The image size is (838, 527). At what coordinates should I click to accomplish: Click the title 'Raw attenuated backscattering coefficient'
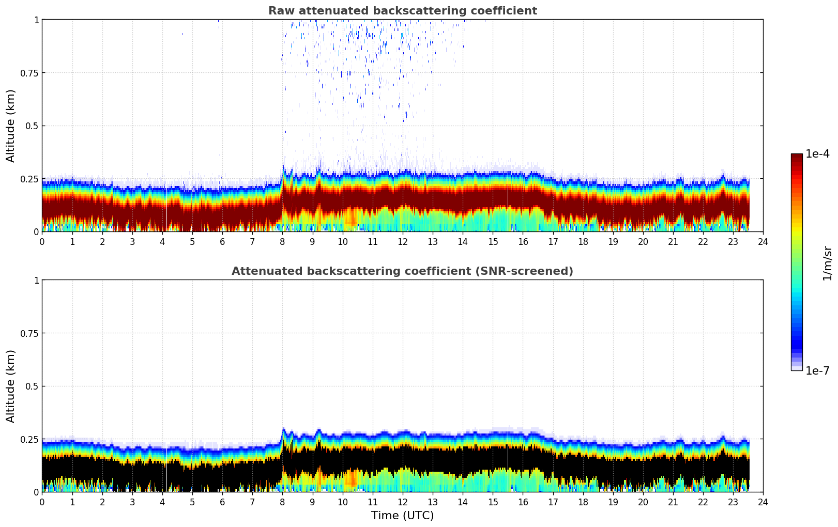click(x=402, y=11)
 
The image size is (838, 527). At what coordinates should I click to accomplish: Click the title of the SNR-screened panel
click(x=402, y=271)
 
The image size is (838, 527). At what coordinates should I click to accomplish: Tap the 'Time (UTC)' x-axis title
click(x=402, y=516)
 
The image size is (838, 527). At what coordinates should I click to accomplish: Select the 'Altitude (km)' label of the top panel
click(x=11, y=126)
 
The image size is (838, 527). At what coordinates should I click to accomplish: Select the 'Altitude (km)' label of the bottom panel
click(x=11, y=386)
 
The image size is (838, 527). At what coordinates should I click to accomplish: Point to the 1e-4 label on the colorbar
click(x=817, y=154)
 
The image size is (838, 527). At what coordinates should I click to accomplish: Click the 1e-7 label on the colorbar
click(x=817, y=371)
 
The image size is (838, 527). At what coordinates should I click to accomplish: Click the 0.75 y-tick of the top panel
click(x=28, y=73)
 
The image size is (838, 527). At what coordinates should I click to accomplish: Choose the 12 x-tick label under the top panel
click(x=402, y=242)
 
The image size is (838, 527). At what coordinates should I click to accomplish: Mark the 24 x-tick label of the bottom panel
click(x=763, y=502)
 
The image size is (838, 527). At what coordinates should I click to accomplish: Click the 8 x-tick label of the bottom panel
click(x=282, y=502)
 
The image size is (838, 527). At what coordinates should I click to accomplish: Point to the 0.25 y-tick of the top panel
click(x=28, y=179)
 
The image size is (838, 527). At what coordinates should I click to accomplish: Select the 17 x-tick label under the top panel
click(x=553, y=242)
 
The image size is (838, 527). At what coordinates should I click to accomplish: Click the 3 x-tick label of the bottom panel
click(x=132, y=502)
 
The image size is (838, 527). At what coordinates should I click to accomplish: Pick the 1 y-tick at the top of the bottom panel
click(x=36, y=281)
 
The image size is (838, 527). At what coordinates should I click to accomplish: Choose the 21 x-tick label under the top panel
click(x=673, y=242)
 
